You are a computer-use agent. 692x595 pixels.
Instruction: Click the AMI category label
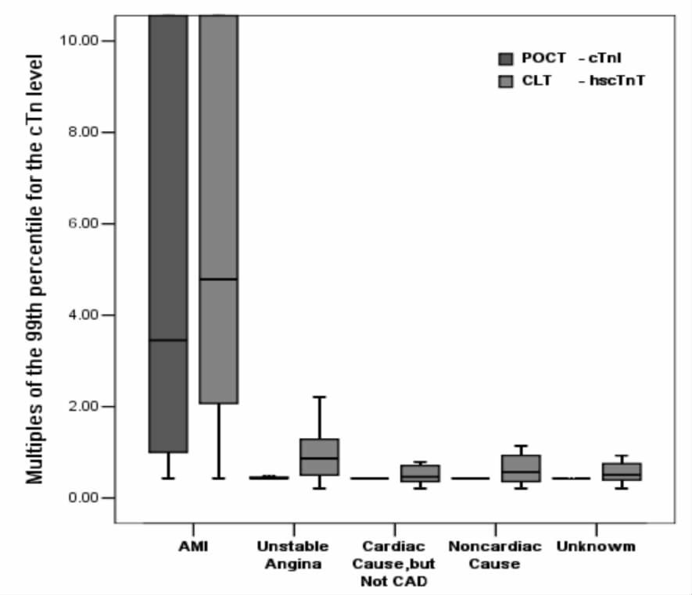pyautogui.click(x=192, y=546)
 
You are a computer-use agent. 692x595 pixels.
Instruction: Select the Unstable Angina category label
pyautogui.click(x=293, y=554)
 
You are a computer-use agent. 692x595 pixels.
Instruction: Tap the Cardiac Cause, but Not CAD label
pyautogui.click(x=394, y=563)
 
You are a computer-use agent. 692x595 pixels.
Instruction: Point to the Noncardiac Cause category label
pyautogui.click(x=495, y=554)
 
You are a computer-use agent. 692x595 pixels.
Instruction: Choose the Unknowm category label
pyautogui.click(x=596, y=546)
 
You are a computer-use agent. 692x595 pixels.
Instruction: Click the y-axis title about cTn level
pyautogui.click(x=36, y=269)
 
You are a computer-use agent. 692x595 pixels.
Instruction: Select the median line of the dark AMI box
pyautogui.click(x=168, y=340)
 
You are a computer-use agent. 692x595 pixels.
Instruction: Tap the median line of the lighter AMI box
pyautogui.click(x=218, y=279)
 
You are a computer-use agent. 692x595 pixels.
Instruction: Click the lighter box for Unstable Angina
pyautogui.click(x=319, y=457)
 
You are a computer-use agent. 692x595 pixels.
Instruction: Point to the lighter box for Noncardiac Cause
pyautogui.click(x=521, y=469)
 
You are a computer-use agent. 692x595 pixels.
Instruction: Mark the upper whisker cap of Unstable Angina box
pyautogui.click(x=319, y=397)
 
